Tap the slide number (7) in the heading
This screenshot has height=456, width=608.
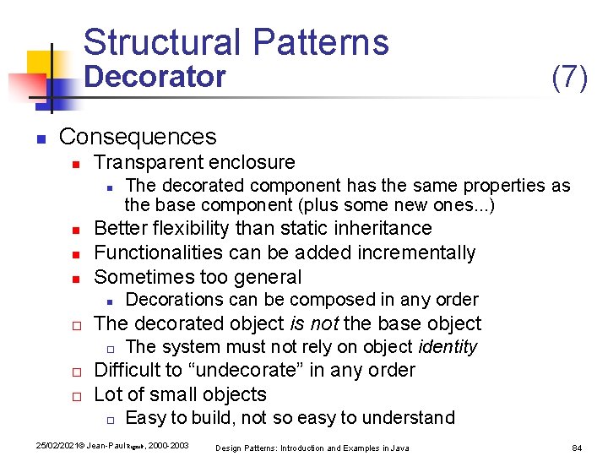coord(569,77)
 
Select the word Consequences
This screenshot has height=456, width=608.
coord(138,136)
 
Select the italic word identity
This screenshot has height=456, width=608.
coord(447,347)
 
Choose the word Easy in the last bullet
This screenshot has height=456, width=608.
coord(144,418)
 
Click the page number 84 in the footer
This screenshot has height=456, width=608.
coord(578,447)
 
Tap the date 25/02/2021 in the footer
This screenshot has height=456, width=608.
coord(52,446)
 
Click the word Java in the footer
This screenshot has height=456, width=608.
coord(399,448)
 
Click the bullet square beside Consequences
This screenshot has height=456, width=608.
coord(39,138)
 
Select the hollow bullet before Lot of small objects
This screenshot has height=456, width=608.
coord(75,396)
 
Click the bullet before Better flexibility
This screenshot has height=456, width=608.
coord(75,230)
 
